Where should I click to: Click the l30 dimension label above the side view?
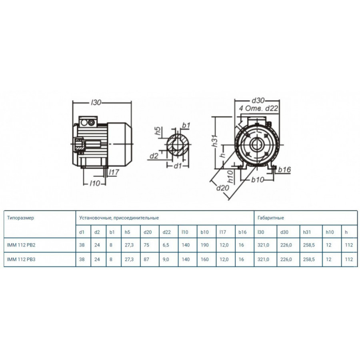pos(96,102)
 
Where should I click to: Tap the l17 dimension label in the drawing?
pos(114,172)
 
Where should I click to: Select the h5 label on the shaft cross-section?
pos(158,131)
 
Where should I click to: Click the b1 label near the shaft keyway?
pos(186,125)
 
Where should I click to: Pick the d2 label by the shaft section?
pos(154,156)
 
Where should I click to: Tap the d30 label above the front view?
pos(258,100)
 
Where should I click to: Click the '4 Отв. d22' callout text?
pos(258,108)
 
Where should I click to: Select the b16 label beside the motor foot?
pos(284,170)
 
